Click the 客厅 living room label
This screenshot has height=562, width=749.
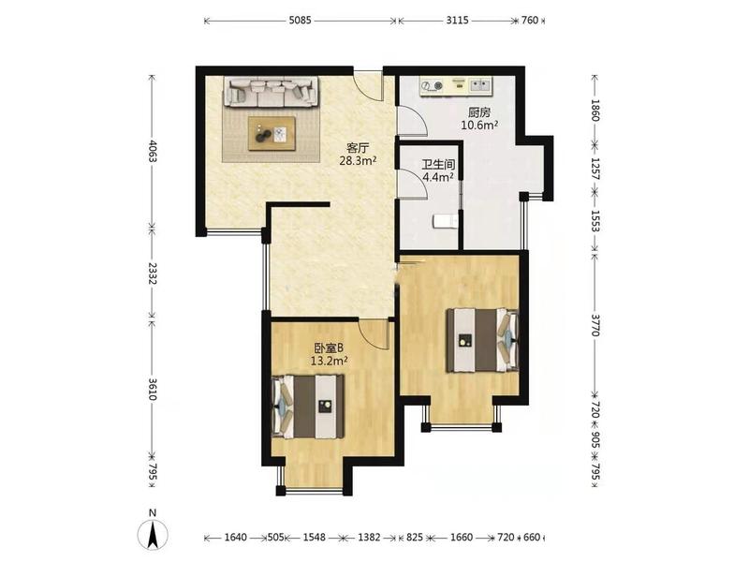point(358,148)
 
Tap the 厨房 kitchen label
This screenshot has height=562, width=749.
point(479,112)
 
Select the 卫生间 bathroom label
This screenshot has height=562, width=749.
point(438,165)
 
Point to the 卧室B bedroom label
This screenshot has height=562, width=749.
point(330,348)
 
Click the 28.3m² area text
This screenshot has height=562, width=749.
point(358,160)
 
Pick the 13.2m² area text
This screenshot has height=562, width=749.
point(330,362)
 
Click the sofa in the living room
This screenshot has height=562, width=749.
point(272,91)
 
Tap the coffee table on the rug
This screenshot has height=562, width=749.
point(272,133)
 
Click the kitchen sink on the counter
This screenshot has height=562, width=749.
point(480,85)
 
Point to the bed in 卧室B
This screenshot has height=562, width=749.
point(308,407)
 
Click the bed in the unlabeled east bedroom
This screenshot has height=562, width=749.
point(482,340)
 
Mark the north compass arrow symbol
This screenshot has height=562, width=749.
point(153,534)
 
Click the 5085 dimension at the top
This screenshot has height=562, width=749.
point(300,21)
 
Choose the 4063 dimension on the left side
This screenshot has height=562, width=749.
point(153,151)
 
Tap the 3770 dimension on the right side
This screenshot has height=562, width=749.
point(595,325)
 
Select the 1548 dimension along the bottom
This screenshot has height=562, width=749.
point(315,538)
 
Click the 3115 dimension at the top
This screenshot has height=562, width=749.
point(458,21)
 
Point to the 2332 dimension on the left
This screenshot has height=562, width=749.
point(153,273)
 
